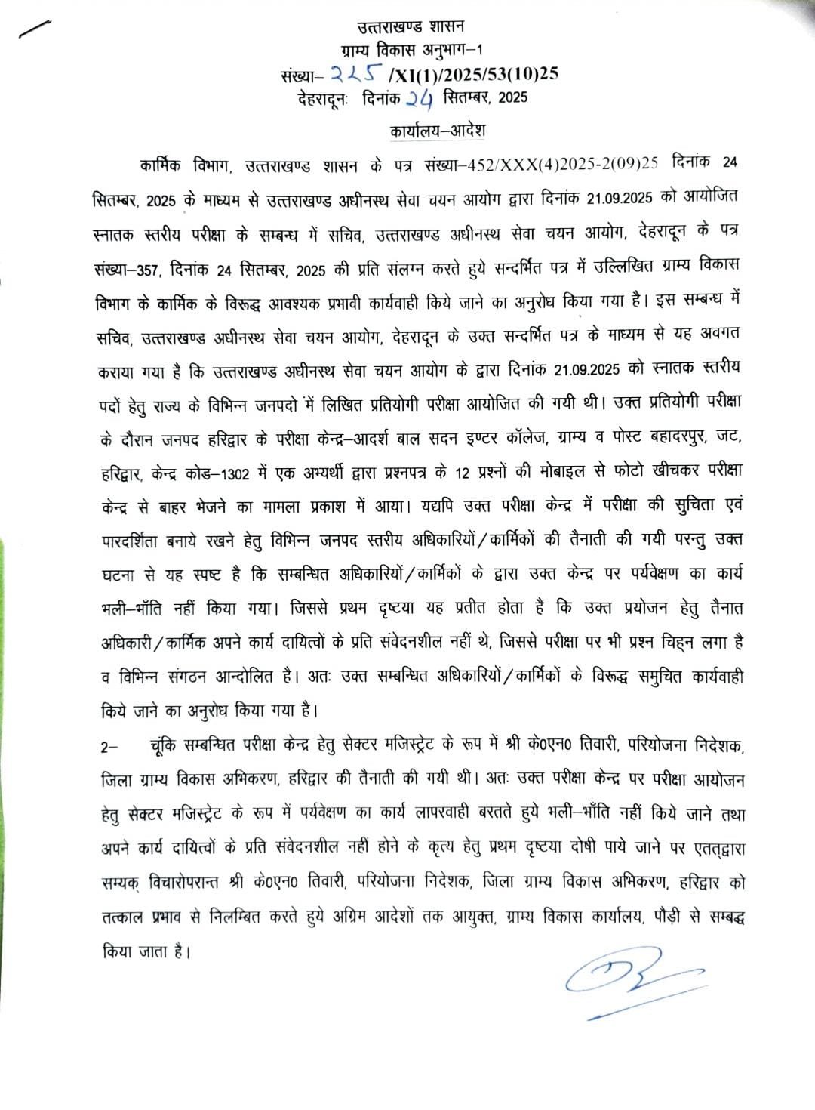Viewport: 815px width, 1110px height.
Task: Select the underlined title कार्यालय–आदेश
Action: (438, 131)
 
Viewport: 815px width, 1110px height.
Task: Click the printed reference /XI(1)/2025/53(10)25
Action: (473, 73)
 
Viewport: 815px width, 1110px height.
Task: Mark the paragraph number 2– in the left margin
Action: (109, 748)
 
